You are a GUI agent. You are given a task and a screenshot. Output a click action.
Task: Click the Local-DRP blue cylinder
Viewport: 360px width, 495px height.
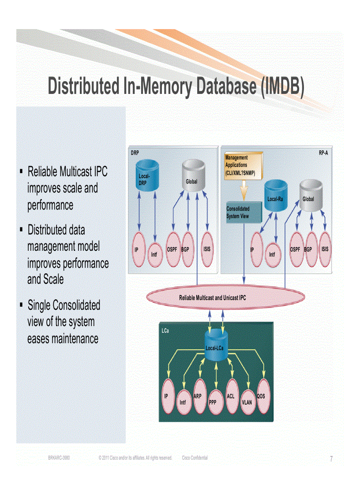(x=146, y=178)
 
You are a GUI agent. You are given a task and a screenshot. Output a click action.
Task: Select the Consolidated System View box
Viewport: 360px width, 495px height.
(x=243, y=212)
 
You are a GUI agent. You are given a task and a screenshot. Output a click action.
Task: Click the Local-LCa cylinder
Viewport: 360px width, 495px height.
(x=216, y=346)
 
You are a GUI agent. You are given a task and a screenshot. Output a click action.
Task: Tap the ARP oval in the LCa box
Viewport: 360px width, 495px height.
(x=199, y=396)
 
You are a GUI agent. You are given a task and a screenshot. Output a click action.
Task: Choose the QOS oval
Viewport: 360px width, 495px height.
(x=262, y=396)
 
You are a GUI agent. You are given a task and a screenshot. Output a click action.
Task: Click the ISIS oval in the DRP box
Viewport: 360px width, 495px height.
(x=207, y=249)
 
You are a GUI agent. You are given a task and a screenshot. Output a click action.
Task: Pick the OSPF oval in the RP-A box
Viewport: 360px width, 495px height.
(x=296, y=249)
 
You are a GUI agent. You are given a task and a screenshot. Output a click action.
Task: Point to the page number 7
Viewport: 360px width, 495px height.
(x=331, y=459)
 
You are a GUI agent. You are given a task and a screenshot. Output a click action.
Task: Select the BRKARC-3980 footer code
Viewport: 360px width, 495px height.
(x=59, y=458)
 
